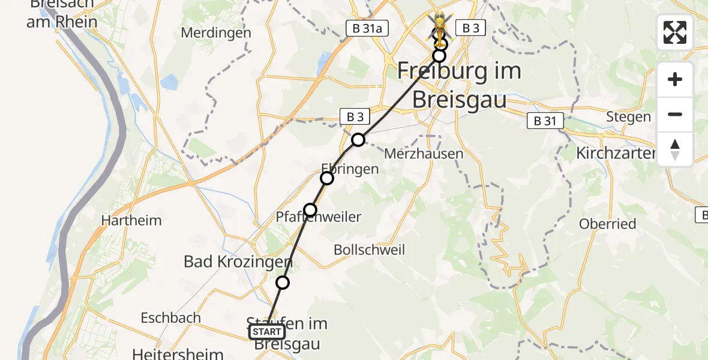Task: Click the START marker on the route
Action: (x=267, y=332)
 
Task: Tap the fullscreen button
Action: (x=675, y=32)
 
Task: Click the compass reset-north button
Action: (x=675, y=149)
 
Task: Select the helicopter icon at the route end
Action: (x=440, y=26)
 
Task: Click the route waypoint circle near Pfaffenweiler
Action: (x=310, y=209)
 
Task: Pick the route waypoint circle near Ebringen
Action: (x=327, y=178)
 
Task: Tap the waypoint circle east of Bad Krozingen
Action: (x=282, y=283)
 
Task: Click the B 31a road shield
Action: (x=364, y=28)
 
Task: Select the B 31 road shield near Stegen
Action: (x=545, y=121)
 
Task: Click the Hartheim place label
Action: (x=131, y=220)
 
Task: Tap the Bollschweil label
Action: (x=370, y=250)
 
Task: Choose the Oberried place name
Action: (x=607, y=224)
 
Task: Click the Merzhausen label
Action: (x=424, y=154)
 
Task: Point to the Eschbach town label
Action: (x=170, y=317)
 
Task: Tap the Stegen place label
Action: (x=628, y=116)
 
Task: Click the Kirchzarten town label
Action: (x=616, y=153)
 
